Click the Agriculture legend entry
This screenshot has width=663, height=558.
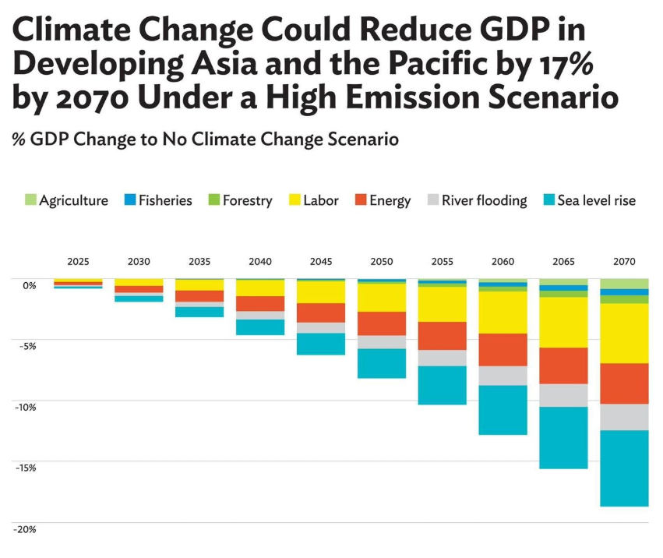click(x=67, y=200)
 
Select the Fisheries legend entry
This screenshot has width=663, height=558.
click(x=158, y=200)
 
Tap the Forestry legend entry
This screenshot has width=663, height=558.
click(x=240, y=200)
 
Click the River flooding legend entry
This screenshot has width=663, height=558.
click(x=477, y=200)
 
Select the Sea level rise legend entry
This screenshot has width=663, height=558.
click(x=589, y=200)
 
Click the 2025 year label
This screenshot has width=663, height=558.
click(x=78, y=262)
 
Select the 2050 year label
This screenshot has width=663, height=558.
click(x=381, y=262)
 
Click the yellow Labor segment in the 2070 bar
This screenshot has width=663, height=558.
click(x=624, y=333)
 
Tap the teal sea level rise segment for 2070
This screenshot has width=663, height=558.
click(x=624, y=468)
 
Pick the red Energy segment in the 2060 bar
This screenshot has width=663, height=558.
click(x=503, y=349)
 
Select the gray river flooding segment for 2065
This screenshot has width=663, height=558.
click(x=563, y=395)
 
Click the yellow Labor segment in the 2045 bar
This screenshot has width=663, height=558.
click(x=321, y=292)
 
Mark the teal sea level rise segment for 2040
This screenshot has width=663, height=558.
click(x=260, y=327)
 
